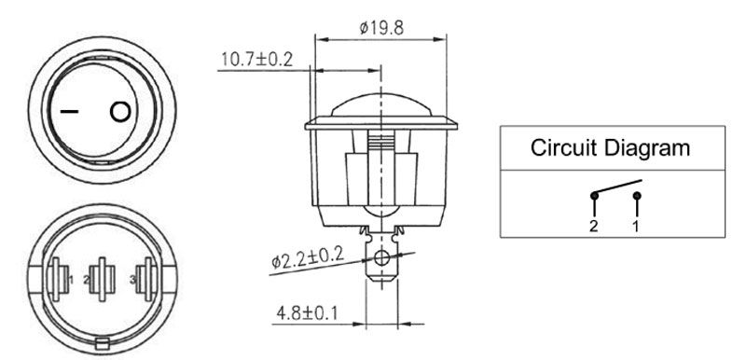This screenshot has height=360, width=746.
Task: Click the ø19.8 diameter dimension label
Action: pos(381,28)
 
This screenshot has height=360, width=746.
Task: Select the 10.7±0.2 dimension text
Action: pos(257,60)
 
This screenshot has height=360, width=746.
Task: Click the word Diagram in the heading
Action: pos(647,149)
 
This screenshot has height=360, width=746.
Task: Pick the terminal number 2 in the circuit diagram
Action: pos(593,227)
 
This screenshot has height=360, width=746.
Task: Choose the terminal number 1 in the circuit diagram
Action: pos(636,227)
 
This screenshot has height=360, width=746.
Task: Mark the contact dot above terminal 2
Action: pos(594,195)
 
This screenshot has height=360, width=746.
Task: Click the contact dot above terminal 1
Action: pos(638,196)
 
